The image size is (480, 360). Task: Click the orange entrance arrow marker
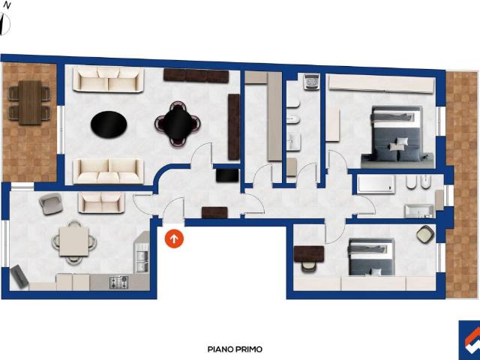[174, 238]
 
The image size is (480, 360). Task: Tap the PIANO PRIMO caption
[235, 349]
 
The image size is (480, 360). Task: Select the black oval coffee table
[109, 125]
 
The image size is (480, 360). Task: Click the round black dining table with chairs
[178, 124]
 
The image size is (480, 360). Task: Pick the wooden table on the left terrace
[30, 103]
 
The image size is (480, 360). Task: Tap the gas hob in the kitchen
[118, 282]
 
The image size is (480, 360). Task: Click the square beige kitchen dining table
[73, 241]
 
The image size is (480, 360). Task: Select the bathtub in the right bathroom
[376, 184]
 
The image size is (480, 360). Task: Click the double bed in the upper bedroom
[397, 136]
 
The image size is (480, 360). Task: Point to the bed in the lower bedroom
[371, 256]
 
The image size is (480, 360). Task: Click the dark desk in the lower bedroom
[309, 253]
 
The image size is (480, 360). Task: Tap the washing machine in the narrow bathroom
[312, 81]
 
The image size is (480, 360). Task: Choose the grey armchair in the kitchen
[51, 204]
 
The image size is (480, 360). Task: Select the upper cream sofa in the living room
[108, 79]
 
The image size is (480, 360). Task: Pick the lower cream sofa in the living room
[108, 172]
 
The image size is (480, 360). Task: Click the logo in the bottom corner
[469, 340]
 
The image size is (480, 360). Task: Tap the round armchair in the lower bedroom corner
[425, 234]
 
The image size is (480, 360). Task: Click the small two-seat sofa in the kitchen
[102, 202]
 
